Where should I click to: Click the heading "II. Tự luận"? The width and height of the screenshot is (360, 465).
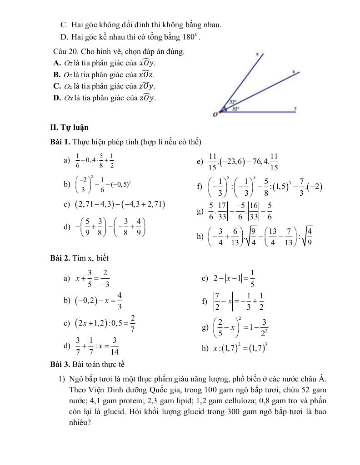coord(70,127)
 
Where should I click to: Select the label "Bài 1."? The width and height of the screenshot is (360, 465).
coord(60,142)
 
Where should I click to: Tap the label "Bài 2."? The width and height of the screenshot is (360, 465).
coord(60,258)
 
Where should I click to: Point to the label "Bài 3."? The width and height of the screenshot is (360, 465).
coord(60,364)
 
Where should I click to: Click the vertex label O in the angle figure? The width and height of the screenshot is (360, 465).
coord(215,115)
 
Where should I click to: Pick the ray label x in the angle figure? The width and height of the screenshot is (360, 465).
coord(257,54)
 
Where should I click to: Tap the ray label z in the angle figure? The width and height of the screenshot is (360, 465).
coord(294,71)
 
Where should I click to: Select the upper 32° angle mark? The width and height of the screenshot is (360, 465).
coord(232,103)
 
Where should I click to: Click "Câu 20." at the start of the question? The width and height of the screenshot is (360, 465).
coord(64,52)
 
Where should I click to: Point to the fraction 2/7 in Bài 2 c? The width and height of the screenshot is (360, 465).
coord(132,324)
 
